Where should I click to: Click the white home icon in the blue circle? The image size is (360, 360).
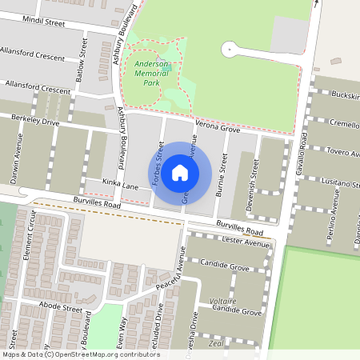[180, 173]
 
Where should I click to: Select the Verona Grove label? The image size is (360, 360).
[217, 127]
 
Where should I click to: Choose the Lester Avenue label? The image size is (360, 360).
[246, 242]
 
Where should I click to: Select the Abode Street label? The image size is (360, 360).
[61, 308]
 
